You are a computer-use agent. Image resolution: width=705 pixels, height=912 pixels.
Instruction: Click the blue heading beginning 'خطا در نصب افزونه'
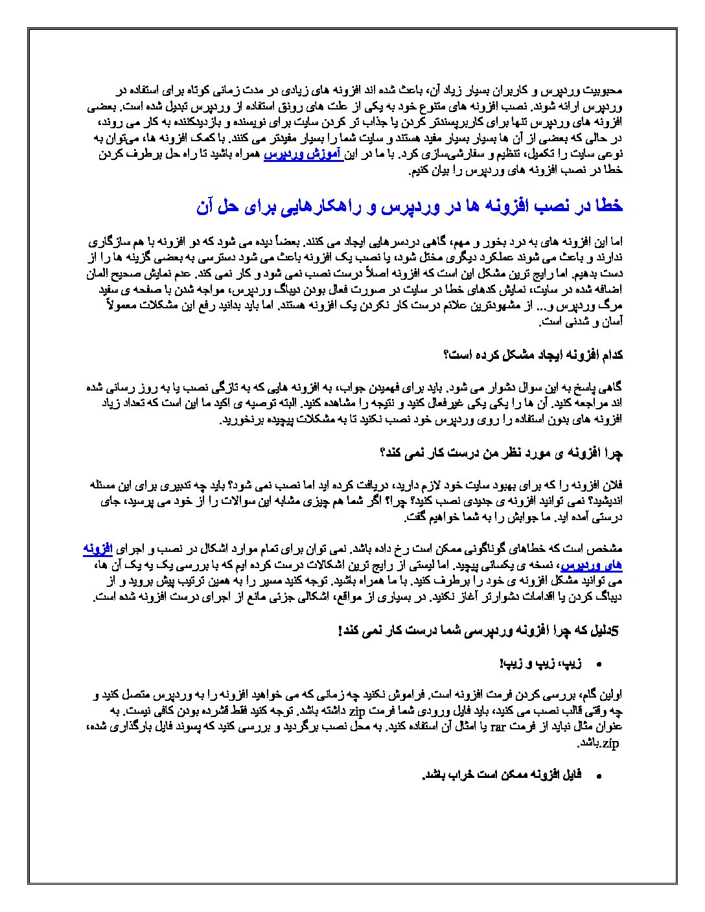point(410,206)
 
